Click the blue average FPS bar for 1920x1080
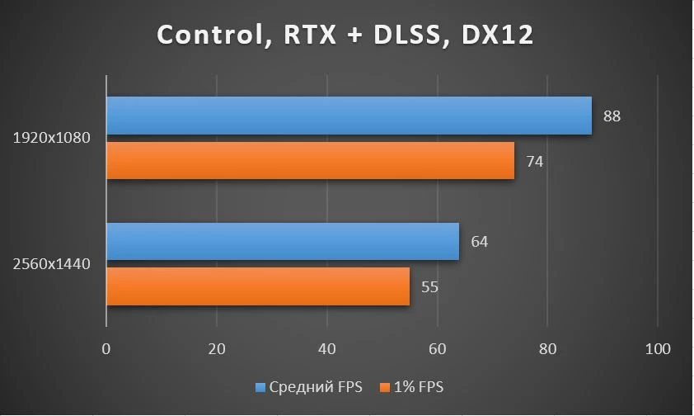[349, 116]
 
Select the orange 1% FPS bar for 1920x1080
[311, 160]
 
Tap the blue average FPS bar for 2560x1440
[283, 242]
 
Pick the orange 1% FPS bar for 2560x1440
[258, 286]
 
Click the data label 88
[612, 116]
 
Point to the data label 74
[534, 161]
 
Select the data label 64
[480, 242]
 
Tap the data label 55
[429, 287]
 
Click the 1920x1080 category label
[51, 138]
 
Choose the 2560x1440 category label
[51, 264]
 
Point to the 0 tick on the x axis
[106, 349]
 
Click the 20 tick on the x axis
[217, 349]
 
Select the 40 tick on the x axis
[326, 349]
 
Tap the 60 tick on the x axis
[438, 349]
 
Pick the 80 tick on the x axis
[547, 349]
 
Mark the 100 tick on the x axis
[658, 349]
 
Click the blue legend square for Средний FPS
[260, 388]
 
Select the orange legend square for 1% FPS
[385, 388]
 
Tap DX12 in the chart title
[497, 35]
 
